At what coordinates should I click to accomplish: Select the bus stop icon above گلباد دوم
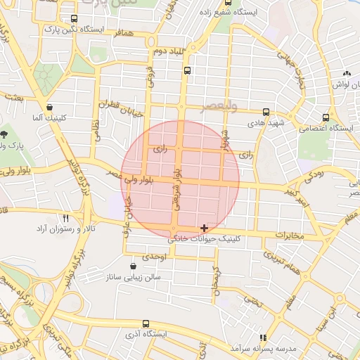pos(187,70)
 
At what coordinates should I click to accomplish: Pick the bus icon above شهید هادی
pos(266,112)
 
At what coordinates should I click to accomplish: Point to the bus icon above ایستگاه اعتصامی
pos(325,118)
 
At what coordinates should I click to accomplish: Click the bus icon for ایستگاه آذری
pos(146,324)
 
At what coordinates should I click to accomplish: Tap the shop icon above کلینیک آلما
pos(49,108)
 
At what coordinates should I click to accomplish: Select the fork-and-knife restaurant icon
pos(66,219)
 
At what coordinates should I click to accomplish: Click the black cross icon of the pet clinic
pos(204,228)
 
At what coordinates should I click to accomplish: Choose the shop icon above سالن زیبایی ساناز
pos(134,266)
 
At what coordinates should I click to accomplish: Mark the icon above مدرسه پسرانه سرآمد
pos(263,338)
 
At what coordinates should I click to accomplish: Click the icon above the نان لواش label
pos(346,74)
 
